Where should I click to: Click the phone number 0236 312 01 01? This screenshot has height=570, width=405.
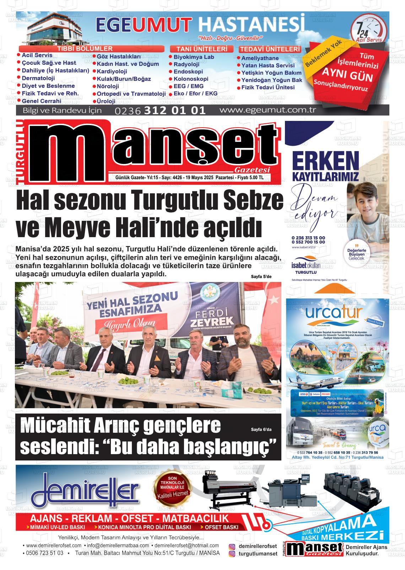tap(160, 111)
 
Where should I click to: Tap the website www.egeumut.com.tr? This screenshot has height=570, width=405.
tap(268, 110)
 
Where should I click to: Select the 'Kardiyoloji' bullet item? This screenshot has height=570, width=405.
tap(112, 71)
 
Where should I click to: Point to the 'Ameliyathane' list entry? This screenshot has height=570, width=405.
tap(260, 58)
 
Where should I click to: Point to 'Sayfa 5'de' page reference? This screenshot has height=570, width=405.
tap(261, 277)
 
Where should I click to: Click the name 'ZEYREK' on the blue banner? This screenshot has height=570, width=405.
tap(212, 323)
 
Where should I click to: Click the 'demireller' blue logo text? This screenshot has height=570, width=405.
tap(85, 491)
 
